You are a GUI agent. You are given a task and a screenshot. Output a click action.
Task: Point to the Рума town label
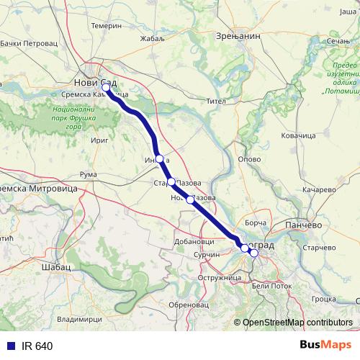(88, 175)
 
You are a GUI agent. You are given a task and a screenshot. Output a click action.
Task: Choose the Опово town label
(249, 158)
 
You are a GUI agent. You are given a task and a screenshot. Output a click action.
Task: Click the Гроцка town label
(325, 298)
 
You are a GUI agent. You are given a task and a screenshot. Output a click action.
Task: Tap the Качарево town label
(320, 190)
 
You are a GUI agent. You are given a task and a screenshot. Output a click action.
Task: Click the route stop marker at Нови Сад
(107, 89)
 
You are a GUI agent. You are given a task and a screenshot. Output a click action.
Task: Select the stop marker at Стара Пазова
(171, 182)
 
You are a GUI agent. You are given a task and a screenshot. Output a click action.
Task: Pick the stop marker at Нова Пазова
(190, 199)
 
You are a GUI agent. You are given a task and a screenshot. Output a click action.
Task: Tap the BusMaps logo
(326, 346)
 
